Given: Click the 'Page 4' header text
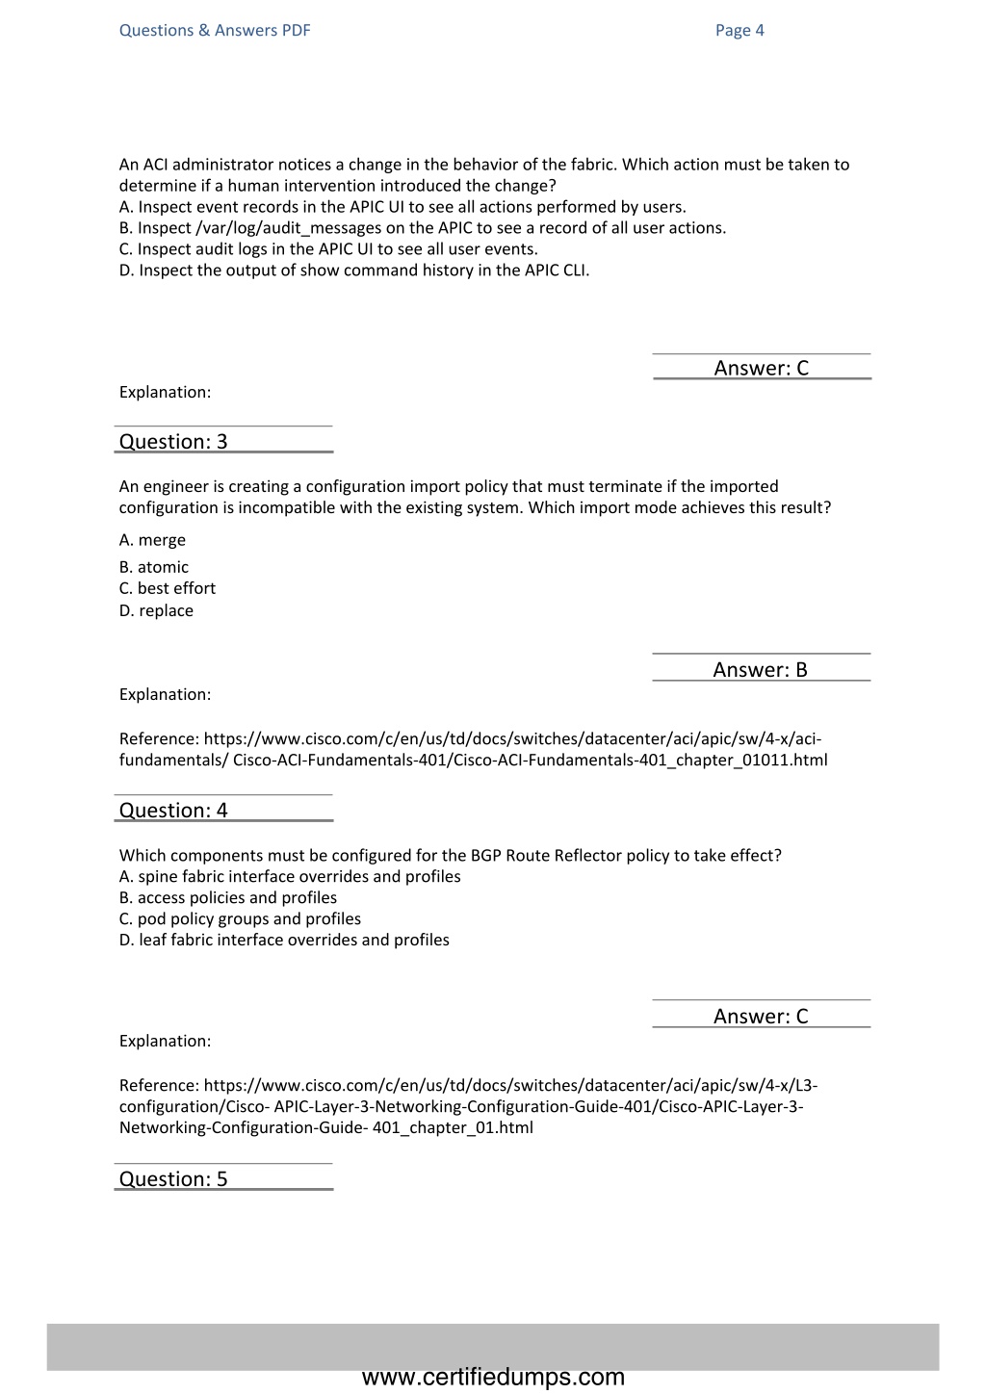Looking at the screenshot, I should (x=739, y=30).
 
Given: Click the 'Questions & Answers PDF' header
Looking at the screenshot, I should (x=215, y=30).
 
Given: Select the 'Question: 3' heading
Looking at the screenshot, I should (x=173, y=442).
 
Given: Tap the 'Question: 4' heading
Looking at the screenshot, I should (x=173, y=811).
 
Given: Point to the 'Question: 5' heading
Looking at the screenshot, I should (x=173, y=1179).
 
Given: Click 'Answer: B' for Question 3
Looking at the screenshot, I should (x=760, y=670).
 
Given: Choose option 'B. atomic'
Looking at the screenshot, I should (x=154, y=567).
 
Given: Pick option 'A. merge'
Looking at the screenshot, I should (x=152, y=540).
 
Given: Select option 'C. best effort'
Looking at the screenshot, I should (x=168, y=588).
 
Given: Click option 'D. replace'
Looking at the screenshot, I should (x=156, y=610).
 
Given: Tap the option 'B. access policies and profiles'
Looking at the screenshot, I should (x=228, y=897).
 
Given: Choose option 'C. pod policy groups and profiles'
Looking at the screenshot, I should (x=240, y=918).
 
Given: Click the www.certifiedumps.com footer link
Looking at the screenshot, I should (x=493, y=1377).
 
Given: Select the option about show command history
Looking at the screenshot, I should (x=354, y=271).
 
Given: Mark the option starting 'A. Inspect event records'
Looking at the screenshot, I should (x=402, y=207).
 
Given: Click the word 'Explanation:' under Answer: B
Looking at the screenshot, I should (x=165, y=694).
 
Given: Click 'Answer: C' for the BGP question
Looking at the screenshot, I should (x=761, y=1017).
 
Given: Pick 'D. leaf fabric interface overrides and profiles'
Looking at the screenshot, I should (x=284, y=940).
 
